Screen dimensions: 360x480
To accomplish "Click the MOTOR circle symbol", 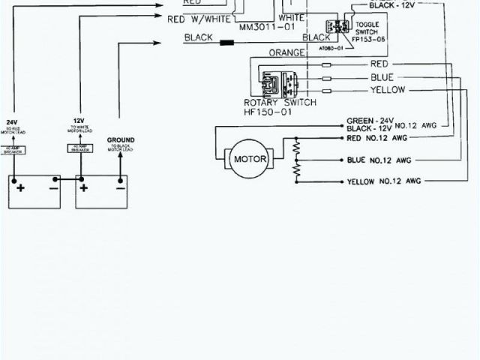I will click(x=251, y=159).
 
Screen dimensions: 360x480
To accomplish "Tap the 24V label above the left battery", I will click(x=12, y=121).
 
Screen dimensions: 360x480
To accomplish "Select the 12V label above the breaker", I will click(x=79, y=120).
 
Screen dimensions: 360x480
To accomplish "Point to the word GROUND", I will click(x=121, y=140).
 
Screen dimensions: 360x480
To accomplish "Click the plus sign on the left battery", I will click(x=20, y=187).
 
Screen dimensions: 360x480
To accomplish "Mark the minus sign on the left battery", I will click(x=54, y=187).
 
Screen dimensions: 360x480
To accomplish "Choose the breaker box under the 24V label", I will click(x=13, y=150).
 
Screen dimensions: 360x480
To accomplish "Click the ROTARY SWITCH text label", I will click(x=280, y=102).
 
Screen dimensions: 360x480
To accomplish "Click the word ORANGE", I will click(x=286, y=52).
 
